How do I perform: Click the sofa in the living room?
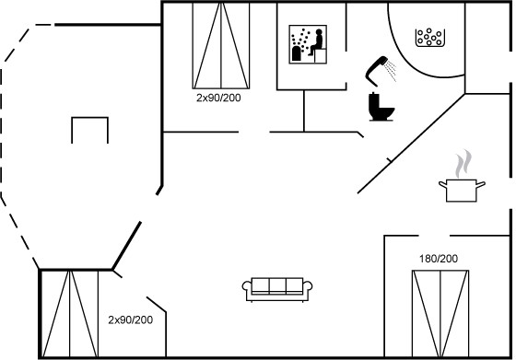[277, 289]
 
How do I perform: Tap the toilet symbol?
[381, 107]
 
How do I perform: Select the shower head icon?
[376, 70]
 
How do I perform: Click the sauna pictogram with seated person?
[308, 44]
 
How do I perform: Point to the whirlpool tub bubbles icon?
[429, 38]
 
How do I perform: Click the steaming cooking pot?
[462, 190]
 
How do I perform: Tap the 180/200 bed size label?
[439, 259]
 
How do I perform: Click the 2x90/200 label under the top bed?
[218, 98]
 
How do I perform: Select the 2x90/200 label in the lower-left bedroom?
[130, 319]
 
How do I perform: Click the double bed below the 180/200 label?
[440, 314]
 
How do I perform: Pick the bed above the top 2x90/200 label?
[221, 45]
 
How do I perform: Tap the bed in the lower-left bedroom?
[69, 314]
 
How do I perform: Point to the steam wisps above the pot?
[463, 164]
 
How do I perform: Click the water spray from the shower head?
[391, 71]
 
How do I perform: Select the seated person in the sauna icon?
[317, 41]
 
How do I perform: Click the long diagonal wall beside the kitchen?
[411, 144]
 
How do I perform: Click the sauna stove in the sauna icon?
[296, 53]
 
